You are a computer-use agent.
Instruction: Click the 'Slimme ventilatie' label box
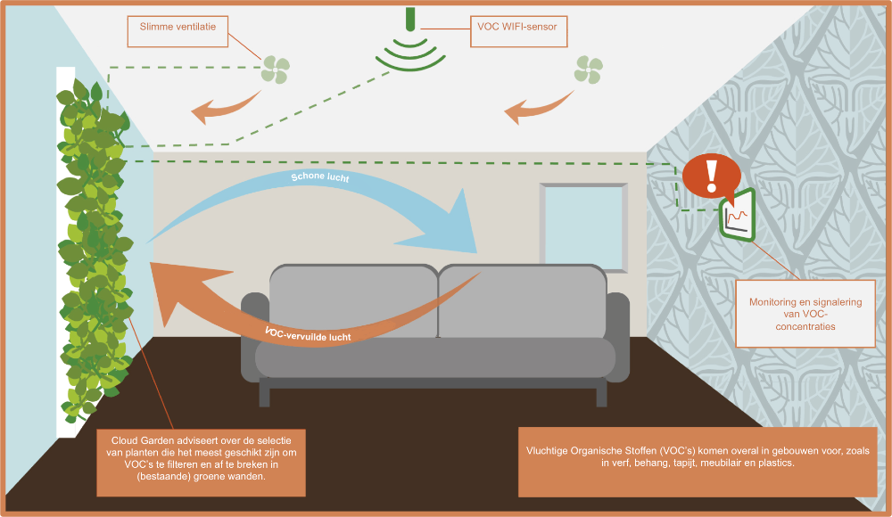(x=178, y=29)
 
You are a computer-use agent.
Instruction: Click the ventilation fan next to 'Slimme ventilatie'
(x=276, y=70)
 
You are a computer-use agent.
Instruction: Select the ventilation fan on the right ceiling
(x=589, y=70)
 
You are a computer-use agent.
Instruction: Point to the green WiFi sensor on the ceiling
(x=409, y=45)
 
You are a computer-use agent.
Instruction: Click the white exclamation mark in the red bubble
(x=711, y=176)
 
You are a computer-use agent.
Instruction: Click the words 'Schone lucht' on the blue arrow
(x=319, y=179)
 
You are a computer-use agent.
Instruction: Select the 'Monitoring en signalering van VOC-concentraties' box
(x=805, y=314)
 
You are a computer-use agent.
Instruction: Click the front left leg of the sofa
(x=265, y=392)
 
